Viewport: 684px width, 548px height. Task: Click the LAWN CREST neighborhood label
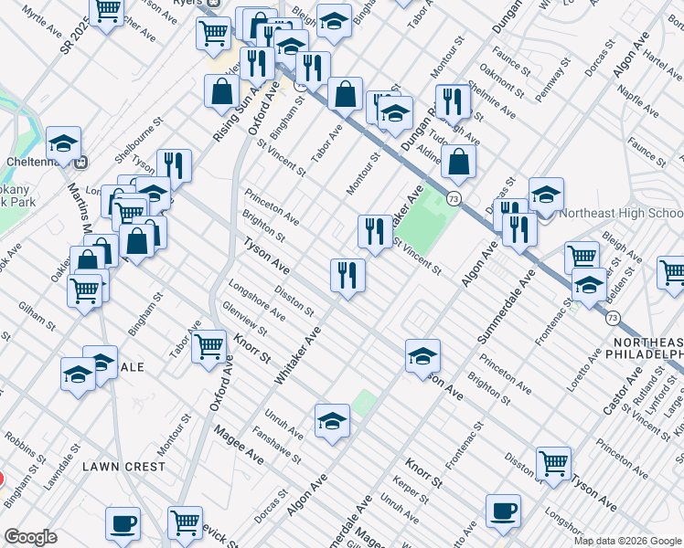click(124, 466)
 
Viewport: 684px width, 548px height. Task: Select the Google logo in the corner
click(30, 537)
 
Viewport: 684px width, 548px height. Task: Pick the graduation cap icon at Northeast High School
click(546, 194)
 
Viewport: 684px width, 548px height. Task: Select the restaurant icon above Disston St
click(347, 273)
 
